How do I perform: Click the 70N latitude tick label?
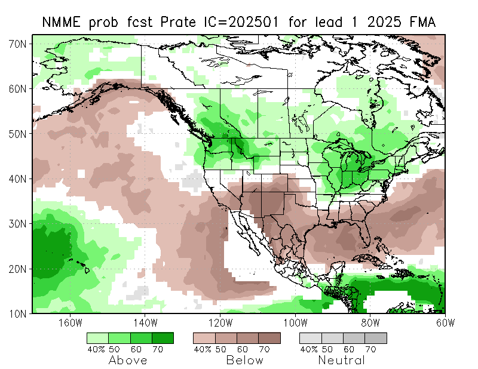point(18,44)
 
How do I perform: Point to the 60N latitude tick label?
point(18,89)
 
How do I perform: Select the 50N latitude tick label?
point(18,134)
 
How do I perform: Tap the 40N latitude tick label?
point(18,179)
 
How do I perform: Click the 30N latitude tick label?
point(18,223)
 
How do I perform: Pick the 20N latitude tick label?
point(18,268)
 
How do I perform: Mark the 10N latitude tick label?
point(18,313)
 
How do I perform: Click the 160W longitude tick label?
point(71,323)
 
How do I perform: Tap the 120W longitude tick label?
point(220,323)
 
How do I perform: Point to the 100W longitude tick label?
point(295,323)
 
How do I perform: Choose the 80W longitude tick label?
point(370,323)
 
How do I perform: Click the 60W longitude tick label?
point(445,323)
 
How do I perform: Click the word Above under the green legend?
point(128,361)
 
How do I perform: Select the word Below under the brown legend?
point(244,361)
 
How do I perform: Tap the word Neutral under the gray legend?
point(341,361)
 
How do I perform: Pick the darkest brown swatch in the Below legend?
point(269,338)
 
